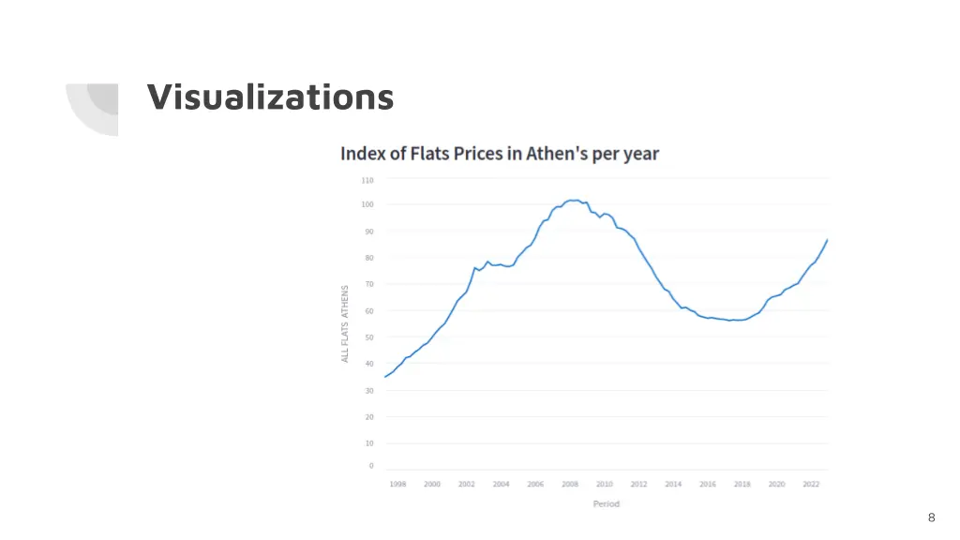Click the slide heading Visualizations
pos(270,97)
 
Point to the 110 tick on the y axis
pos(367,180)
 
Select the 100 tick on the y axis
pos(367,204)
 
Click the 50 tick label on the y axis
pos(368,337)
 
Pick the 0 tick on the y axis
pos(370,466)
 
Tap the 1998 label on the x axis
pos(397,484)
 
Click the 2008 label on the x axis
pos(570,484)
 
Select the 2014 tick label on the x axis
pos(673,484)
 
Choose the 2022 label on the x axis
pos(811,484)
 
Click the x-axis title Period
pos(606,504)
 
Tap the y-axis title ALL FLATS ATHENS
pos(345,323)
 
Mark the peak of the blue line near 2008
pos(572,201)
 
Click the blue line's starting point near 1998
pos(385,377)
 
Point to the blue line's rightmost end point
pos(827,240)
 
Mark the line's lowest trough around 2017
pos(730,321)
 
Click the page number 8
pos(931,517)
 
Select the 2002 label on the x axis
pos(467,484)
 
